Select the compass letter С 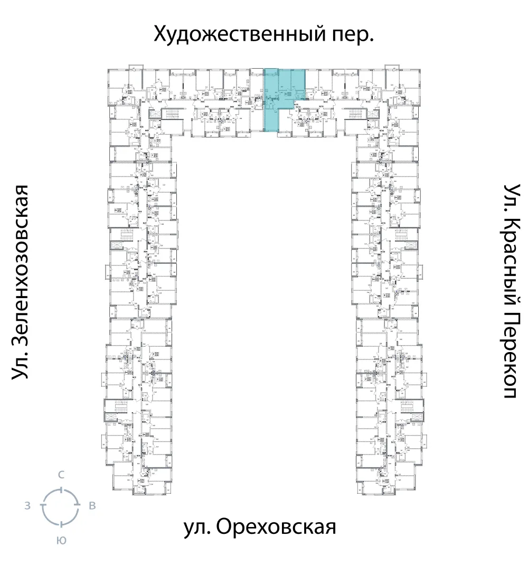(x=61, y=475)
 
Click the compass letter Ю (x=61, y=540)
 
